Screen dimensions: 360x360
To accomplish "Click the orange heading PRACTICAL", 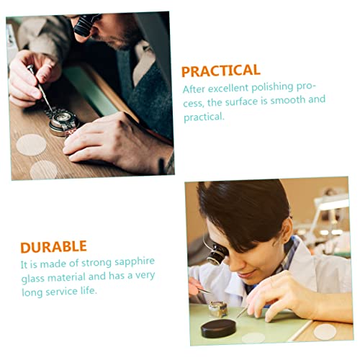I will (220, 71).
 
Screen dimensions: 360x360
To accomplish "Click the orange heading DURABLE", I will (53, 247).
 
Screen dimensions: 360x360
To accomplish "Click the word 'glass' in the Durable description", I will (35, 276).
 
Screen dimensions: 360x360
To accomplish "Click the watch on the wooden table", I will (65, 122).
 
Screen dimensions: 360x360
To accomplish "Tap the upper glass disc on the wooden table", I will (31, 144).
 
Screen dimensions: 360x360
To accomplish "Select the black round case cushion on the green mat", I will (220, 329).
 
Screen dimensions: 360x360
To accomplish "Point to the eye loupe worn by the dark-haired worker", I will (213, 252).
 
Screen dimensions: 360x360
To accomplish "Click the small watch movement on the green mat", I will (217, 308).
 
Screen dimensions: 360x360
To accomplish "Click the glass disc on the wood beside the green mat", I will (325, 331).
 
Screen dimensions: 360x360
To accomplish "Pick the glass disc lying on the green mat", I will (253, 337).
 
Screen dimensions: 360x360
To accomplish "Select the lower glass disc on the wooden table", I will (43, 170).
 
